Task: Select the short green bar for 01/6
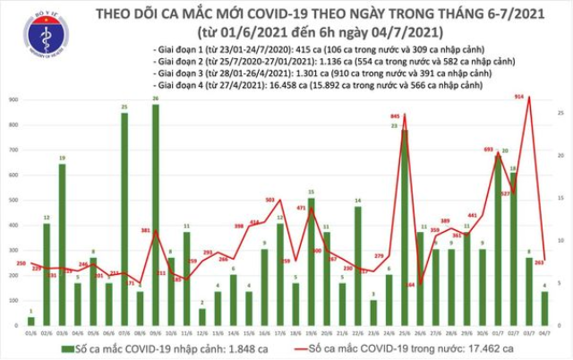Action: (x=31, y=320)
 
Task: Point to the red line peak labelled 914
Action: (x=530, y=97)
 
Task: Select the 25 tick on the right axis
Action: (x=559, y=112)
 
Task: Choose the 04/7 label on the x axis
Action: (x=545, y=332)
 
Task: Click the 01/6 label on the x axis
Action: (x=31, y=332)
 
